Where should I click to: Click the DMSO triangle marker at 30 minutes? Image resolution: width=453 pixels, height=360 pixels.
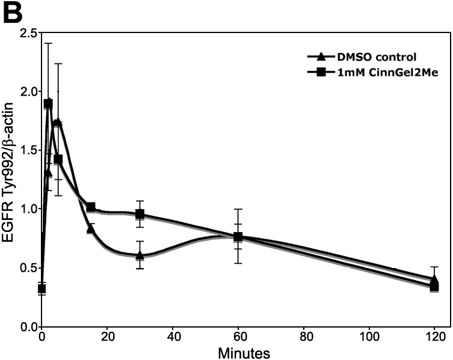pyautogui.click(x=140, y=255)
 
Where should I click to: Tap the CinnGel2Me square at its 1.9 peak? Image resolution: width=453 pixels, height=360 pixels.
pyautogui.click(x=48, y=103)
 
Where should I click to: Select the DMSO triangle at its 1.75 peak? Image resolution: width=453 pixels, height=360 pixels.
pyautogui.click(x=58, y=122)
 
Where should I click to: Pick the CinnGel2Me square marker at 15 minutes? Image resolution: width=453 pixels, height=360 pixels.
pyautogui.click(x=91, y=207)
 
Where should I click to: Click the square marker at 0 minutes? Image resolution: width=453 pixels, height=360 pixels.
pyautogui.click(x=42, y=289)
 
